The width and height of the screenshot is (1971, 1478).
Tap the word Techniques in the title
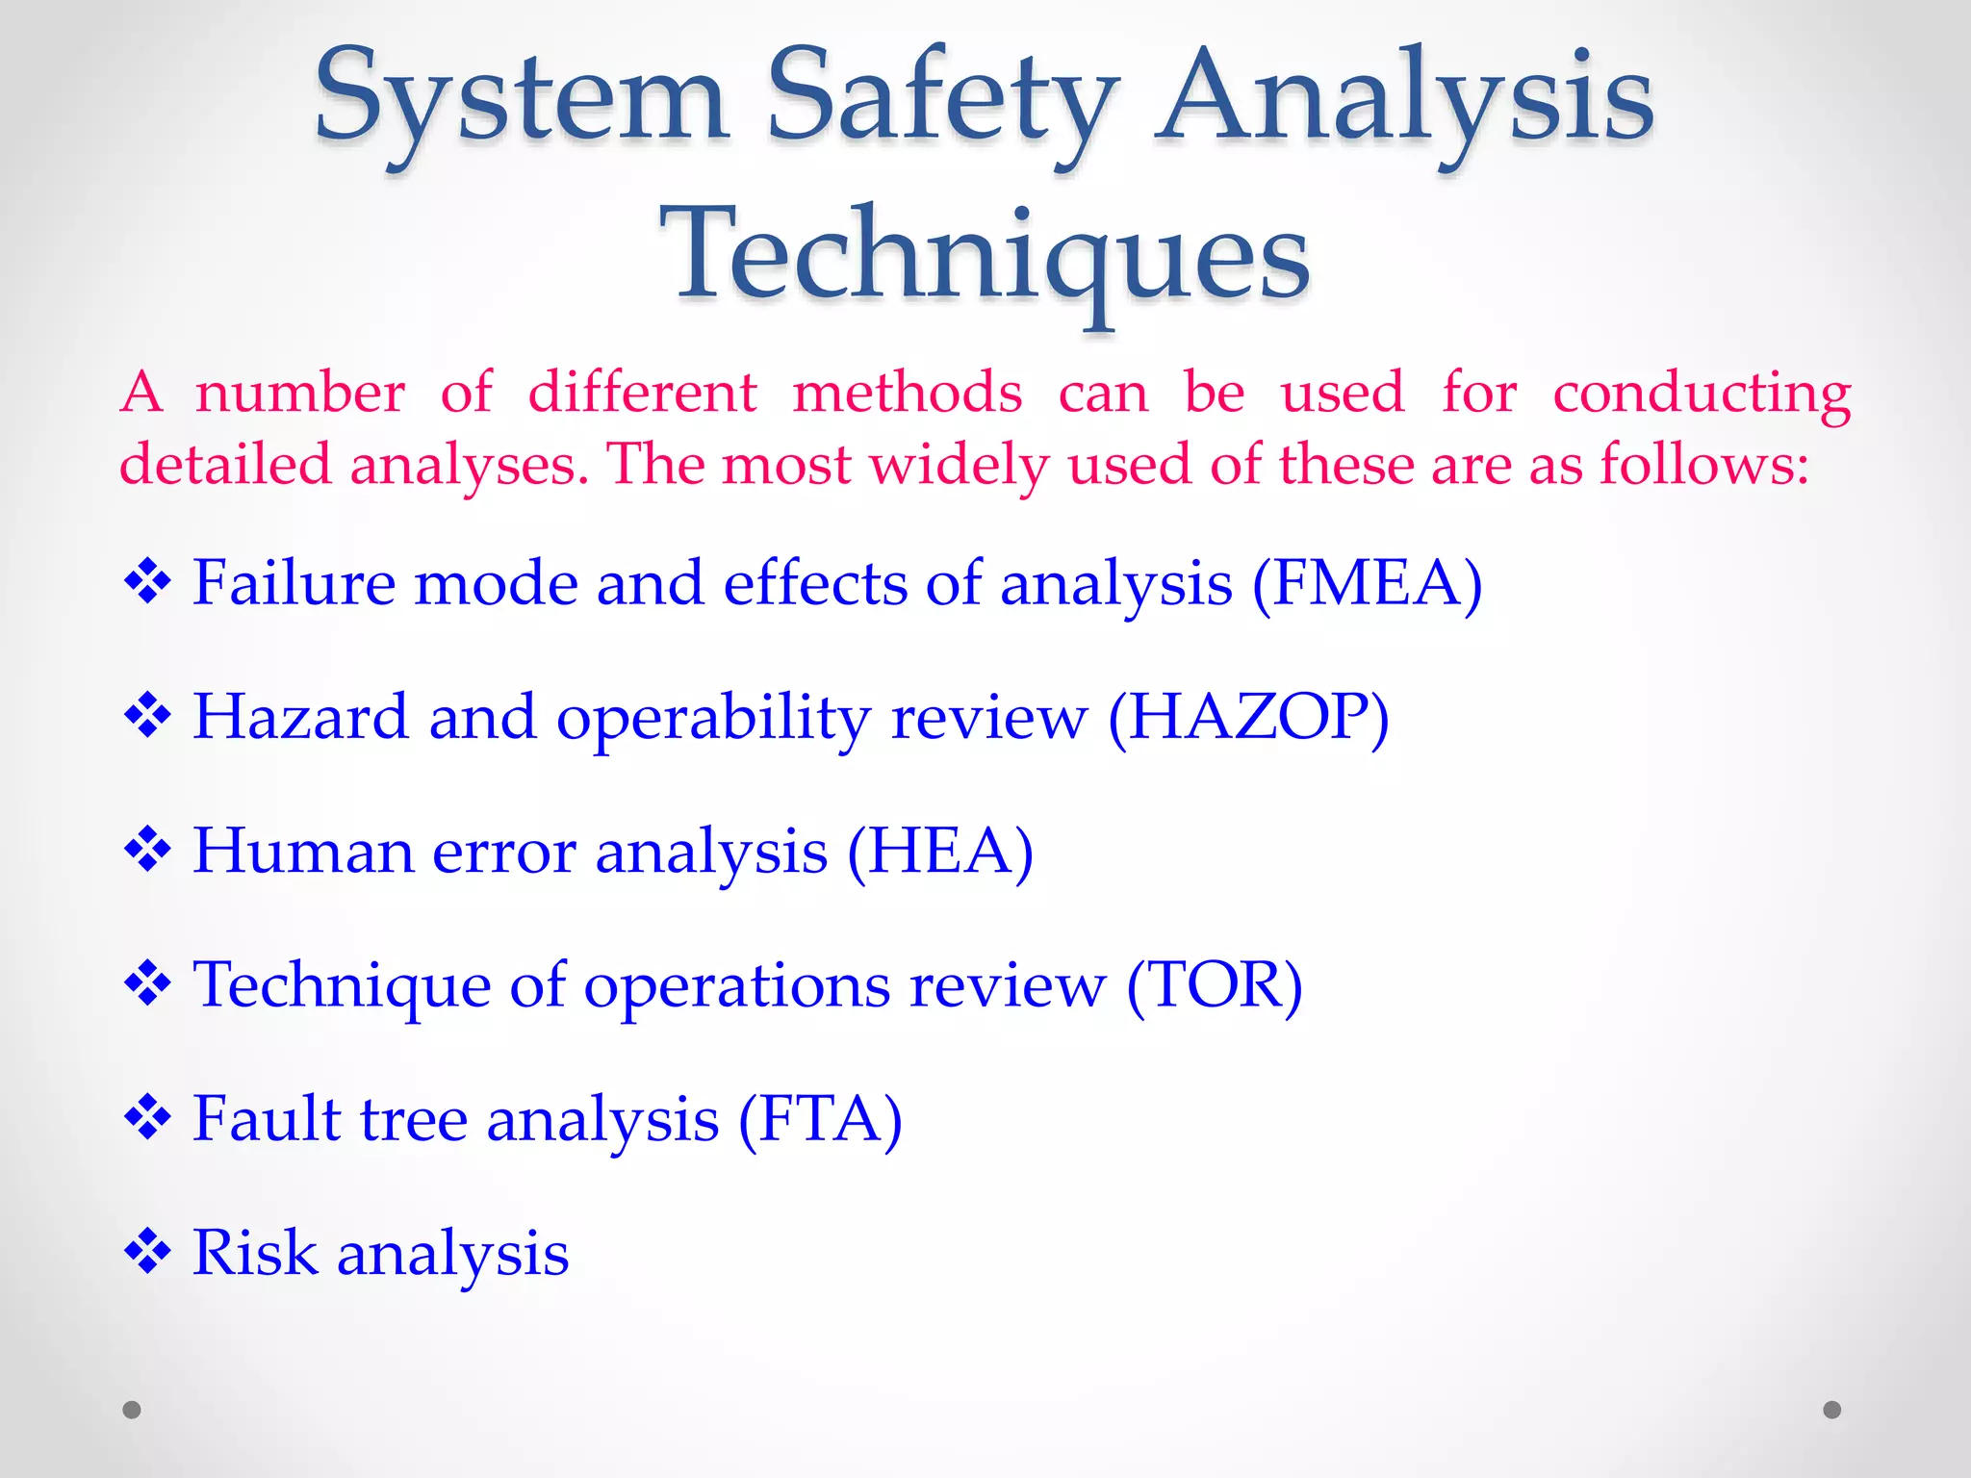(984, 258)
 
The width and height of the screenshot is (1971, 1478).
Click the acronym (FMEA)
(1367, 583)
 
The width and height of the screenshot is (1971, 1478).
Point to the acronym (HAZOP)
(1248, 718)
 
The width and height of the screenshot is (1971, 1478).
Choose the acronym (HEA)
(940, 852)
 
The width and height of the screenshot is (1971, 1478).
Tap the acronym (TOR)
(1214, 985)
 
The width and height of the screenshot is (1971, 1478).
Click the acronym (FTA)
(820, 1119)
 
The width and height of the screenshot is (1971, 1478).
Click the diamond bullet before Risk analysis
(147, 1252)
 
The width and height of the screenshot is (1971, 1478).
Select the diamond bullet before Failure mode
(147, 582)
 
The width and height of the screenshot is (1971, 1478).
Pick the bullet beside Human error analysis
(147, 851)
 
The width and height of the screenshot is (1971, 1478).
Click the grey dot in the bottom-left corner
(132, 1410)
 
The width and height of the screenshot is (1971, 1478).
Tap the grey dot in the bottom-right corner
(1832, 1410)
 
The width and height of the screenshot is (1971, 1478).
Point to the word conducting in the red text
(1702, 394)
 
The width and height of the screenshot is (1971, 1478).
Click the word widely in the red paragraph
(959, 466)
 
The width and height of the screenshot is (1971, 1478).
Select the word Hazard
(300, 718)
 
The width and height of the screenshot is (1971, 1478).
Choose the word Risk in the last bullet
(254, 1253)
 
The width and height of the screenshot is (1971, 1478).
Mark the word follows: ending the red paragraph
(1704, 466)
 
